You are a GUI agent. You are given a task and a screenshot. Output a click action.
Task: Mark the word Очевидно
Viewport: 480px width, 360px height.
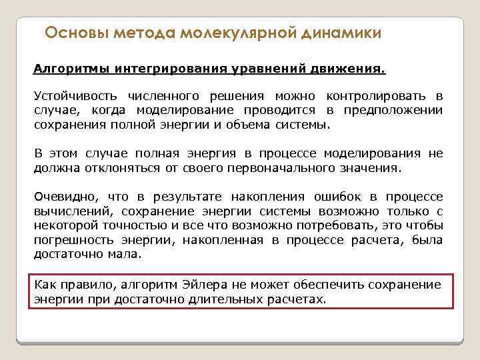tap(66, 197)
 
